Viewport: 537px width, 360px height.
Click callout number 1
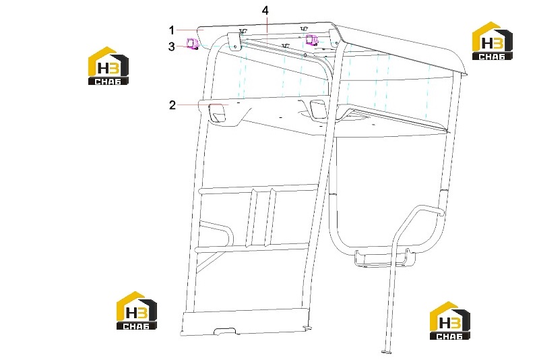point(172,30)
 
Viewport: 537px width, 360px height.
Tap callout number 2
point(172,104)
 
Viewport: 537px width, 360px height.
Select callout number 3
point(172,47)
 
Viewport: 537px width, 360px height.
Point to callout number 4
point(265,11)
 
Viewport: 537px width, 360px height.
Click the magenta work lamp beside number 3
point(191,44)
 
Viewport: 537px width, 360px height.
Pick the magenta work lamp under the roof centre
point(312,39)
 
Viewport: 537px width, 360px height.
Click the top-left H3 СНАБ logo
point(108,66)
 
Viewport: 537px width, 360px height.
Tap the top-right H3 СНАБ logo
point(492,41)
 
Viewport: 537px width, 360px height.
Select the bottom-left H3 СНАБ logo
point(137,311)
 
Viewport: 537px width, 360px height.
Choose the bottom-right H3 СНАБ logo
point(449,321)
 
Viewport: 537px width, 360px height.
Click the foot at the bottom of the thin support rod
point(387,351)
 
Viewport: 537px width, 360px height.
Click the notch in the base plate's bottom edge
point(225,332)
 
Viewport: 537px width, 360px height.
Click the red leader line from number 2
point(203,104)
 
